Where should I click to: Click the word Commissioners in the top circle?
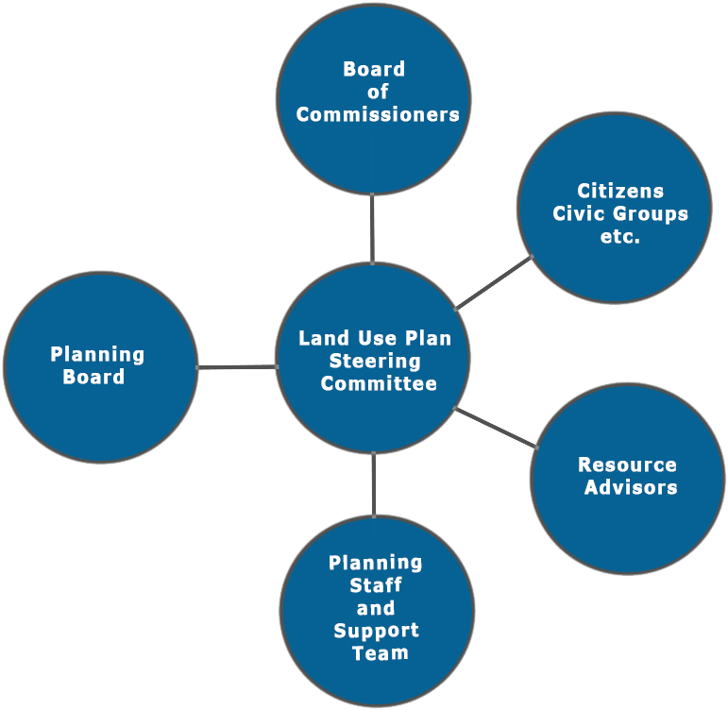377,115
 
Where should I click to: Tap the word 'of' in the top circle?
379,93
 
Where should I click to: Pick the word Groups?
648,214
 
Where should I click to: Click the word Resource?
627,465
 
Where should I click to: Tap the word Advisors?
631,488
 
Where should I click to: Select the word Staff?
376,585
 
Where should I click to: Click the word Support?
376,631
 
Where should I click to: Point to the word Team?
376,653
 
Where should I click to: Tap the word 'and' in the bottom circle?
376,608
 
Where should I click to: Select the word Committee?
379,384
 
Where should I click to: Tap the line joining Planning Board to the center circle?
237,366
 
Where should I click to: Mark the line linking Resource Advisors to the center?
495,427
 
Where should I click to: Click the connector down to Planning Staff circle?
374,484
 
